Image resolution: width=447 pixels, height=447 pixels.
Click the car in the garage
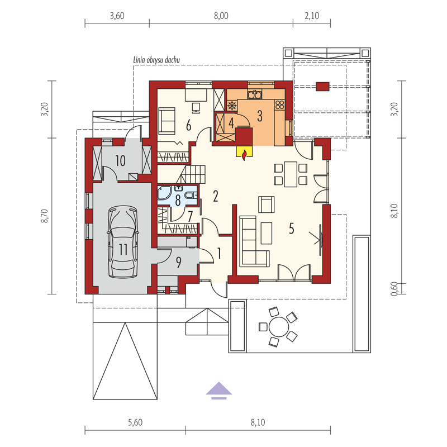[123, 242]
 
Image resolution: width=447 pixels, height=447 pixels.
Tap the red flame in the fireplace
[244, 155]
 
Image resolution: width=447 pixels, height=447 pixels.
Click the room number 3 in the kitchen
[260, 116]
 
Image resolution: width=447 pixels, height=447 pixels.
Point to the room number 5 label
[291, 229]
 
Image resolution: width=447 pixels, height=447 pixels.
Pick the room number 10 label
[120, 161]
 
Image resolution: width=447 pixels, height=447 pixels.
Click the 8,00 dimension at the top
[221, 16]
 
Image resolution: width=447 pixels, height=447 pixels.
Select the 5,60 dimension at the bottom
[135, 422]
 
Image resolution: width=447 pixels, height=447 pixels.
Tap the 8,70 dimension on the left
[45, 216]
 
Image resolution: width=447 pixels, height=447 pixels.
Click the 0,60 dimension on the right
[394, 289]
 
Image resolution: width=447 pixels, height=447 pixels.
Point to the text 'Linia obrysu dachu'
[156, 60]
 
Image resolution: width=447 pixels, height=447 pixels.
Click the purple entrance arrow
[219, 390]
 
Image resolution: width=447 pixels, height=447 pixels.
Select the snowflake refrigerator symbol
[232, 106]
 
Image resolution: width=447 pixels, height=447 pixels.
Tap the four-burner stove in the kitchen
[280, 104]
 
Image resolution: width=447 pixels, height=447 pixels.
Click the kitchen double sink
[255, 94]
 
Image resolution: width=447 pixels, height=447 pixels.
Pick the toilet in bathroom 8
[191, 195]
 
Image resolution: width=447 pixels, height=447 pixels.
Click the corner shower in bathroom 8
[164, 193]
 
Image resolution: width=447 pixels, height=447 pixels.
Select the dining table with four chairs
[291, 174]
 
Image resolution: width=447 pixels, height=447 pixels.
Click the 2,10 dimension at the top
[312, 16]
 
